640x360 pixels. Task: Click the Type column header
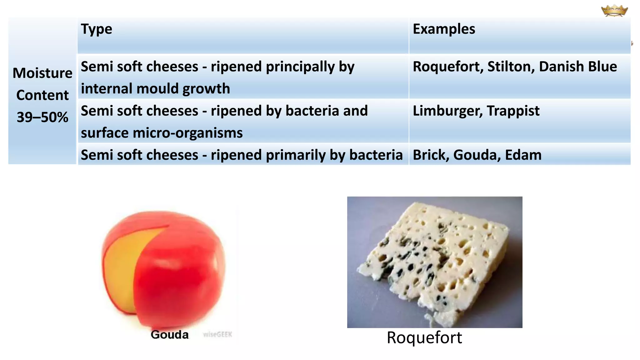(96, 29)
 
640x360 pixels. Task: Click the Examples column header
(444, 29)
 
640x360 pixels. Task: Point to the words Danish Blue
(578, 67)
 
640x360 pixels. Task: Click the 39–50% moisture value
(42, 117)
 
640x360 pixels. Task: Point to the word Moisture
(42, 73)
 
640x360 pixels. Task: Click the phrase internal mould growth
(155, 89)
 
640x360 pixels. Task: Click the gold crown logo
(614, 11)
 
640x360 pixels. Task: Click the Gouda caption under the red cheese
(170, 335)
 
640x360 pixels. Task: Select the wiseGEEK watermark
(217, 335)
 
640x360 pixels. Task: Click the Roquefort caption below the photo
(424, 338)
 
